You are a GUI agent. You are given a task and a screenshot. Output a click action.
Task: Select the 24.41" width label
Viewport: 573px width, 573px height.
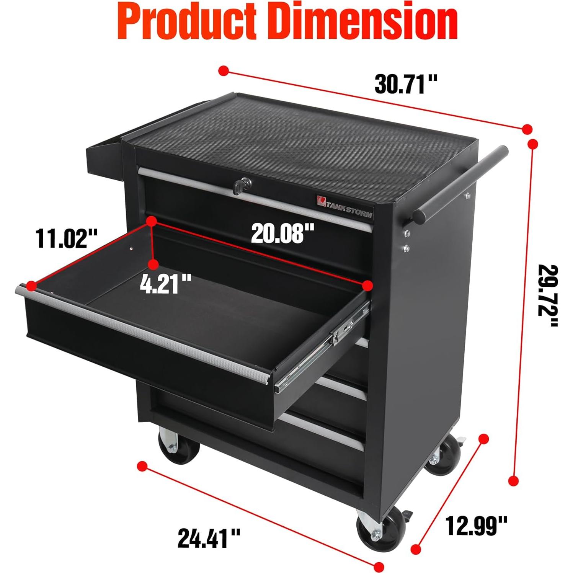209,538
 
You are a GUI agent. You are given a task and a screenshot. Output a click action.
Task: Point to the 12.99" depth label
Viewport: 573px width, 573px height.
477,526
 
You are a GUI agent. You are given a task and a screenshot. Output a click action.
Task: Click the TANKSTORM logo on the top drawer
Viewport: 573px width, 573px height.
344,207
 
